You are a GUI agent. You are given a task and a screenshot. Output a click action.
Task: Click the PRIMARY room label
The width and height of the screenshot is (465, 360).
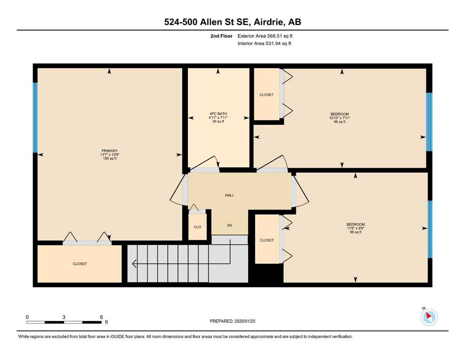[x=110, y=151]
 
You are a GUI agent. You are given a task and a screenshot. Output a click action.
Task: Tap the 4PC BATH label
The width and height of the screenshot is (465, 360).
[x=218, y=113]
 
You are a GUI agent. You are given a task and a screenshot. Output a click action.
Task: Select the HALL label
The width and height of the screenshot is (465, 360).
[x=229, y=195]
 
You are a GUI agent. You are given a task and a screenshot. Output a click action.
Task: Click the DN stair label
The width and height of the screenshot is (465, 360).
[x=229, y=225]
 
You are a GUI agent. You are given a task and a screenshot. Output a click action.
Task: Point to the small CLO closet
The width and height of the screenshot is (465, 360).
[x=198, y=227]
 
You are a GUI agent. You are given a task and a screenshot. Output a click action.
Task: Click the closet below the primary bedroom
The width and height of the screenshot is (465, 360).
[x=80, y=263]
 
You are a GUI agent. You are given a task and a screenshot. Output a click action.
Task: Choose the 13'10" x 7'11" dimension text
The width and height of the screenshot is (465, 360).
[x=340, y=118]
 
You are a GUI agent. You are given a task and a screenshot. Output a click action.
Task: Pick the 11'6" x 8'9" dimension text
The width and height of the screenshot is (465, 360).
[x=355, y=228]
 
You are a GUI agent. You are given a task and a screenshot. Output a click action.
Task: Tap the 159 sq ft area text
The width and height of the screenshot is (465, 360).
[x=110, y=158]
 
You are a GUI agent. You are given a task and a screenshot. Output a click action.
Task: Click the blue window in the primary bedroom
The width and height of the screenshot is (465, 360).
[x=35, y=118]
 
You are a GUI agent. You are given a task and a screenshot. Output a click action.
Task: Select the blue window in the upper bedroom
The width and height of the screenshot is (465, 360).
[x=429, y=122]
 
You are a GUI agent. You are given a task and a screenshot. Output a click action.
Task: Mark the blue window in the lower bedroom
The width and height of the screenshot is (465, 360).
[x=430, y=229]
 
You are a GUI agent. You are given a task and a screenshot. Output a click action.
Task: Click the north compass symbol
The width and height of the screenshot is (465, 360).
[x=429, y=317]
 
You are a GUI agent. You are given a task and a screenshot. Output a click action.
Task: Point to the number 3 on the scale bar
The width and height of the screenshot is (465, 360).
[x=64, y=317]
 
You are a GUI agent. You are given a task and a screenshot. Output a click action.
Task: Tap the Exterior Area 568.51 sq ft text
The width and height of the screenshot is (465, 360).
[x=265, y=36]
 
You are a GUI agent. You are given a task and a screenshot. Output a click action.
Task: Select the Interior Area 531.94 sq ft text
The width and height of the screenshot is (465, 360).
[x=264, y=43]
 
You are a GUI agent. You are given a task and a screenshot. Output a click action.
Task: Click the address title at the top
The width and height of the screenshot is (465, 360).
[x=232, y=22]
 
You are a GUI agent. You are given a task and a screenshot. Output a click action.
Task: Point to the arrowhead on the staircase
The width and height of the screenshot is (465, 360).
[x=134, y=263]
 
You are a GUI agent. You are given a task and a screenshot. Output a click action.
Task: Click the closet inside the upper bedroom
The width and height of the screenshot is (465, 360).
[x=266, y=94]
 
